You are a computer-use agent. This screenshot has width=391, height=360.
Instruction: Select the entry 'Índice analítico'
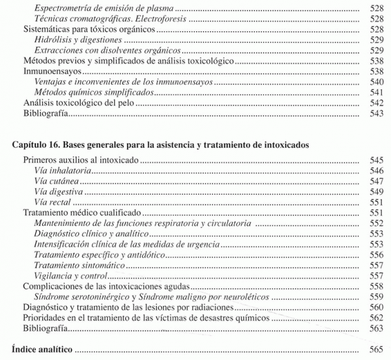tap(44, 350)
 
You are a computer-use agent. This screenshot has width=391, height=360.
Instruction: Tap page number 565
tap(376, 350)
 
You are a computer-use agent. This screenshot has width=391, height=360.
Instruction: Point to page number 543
tap(376, 113)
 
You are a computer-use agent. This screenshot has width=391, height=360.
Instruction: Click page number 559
tap(376, 297)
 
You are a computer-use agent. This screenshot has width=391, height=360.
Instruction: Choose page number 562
tap(376, 318)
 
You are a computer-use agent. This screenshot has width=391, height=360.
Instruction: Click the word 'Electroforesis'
tap(158, 20)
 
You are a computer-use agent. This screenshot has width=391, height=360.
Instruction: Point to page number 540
tap(376, 81)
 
